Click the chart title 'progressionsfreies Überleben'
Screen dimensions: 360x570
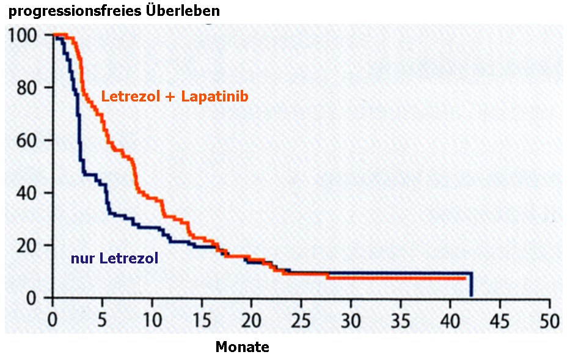pos(114,11)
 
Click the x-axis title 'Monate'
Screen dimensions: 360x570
pos(242,347)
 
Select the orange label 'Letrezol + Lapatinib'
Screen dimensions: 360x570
pos(175,97)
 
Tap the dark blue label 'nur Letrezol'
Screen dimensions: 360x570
pos(115,259)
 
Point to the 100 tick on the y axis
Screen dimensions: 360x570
pos(23,35)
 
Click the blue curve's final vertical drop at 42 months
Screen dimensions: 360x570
pos(471,285)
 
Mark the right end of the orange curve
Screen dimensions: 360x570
pos(466,278)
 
